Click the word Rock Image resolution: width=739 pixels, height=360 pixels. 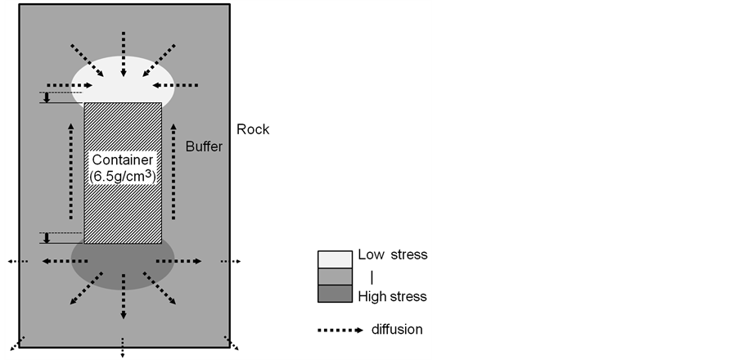(253, 129)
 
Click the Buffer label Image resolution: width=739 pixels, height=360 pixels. (203, 147)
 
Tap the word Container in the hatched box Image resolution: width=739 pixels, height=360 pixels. (122, 161)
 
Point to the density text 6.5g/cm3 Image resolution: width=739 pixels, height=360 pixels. (122, 177)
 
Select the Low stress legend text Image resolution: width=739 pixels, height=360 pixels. (392, 254)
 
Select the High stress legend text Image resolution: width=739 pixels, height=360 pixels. (392, 296)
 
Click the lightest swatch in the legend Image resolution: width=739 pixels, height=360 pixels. (334, 258)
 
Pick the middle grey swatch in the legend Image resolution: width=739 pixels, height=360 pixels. (334, 277)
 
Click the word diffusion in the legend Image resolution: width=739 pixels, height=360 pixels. (397, 330)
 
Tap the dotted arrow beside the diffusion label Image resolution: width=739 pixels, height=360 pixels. (340, 331)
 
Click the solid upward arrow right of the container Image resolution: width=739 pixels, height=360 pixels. (173, 173)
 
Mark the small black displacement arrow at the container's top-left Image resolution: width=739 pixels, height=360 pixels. (47, 98)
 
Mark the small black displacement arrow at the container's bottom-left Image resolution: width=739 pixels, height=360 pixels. (47, 238)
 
